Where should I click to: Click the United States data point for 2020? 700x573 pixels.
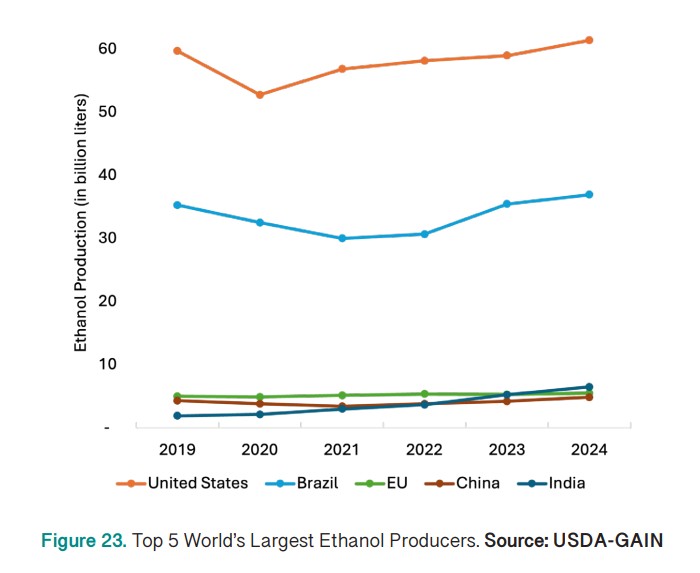tap(260, 95)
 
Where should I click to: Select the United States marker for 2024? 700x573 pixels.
tap(589, 40)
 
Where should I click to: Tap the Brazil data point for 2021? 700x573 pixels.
tap(342, 238)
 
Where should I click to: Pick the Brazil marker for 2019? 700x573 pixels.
tap(177, 205)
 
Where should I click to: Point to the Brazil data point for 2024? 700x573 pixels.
tap(589, 194)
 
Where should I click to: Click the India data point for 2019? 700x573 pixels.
tap(177, 416)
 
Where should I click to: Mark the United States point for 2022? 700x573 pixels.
tap(424, 60)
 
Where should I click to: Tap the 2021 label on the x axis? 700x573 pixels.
tap(342, 449)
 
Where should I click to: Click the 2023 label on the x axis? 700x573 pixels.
tap(507, 449)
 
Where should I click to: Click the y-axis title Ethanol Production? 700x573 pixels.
tap(82, 222)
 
